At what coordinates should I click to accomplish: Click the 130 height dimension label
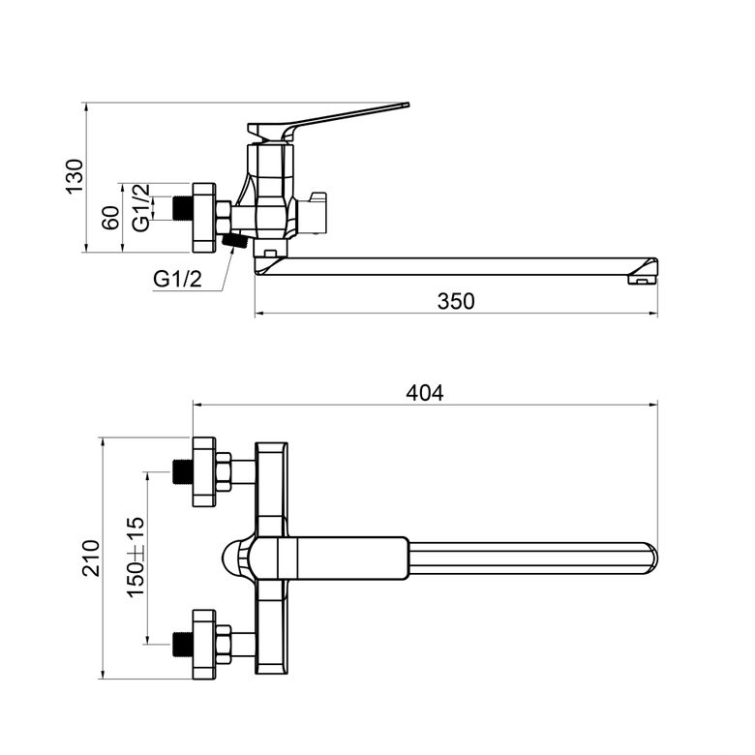(75, 176)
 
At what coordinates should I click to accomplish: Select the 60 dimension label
(110, 218)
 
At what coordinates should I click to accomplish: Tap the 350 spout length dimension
(456, 301)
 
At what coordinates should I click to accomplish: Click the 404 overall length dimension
(425, 393)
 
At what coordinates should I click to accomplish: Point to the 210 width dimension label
(91, 559)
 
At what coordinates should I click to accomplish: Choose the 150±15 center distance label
(136, 558)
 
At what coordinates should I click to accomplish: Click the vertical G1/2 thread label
(141, 207)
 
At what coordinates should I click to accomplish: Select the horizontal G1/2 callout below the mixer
(178, 279)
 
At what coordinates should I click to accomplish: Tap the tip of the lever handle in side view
(408, 105)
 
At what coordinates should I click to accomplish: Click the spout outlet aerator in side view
(641, 280)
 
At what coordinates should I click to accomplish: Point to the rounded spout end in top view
(652, 559)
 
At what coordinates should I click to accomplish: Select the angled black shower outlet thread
(234, 240)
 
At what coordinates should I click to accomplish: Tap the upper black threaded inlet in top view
(182, 472)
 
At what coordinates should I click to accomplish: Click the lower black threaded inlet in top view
(182, 645)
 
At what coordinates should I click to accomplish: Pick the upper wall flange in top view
(204, 472)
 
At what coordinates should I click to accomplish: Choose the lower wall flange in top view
(204, 645)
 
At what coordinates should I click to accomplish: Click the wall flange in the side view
(204, 218)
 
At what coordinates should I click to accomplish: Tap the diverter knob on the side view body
(312, 212)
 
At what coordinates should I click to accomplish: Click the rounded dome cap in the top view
(236, 559)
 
